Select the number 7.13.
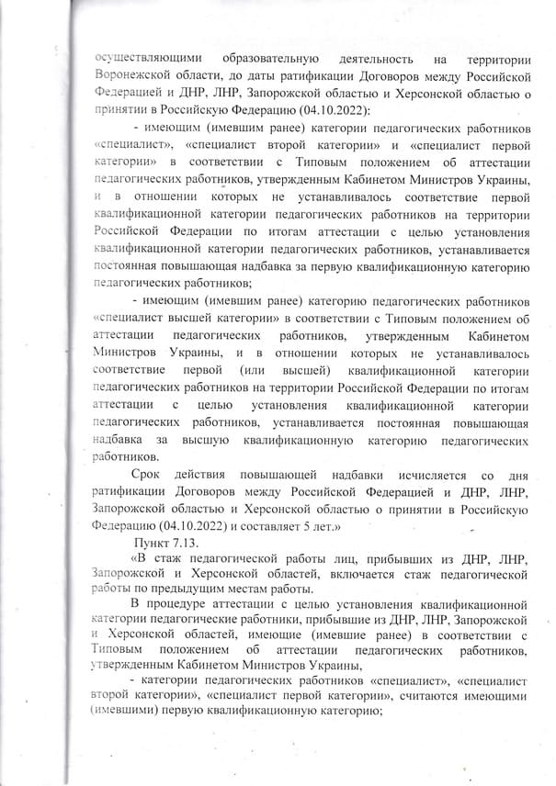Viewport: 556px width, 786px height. click(x=196, y=541)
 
